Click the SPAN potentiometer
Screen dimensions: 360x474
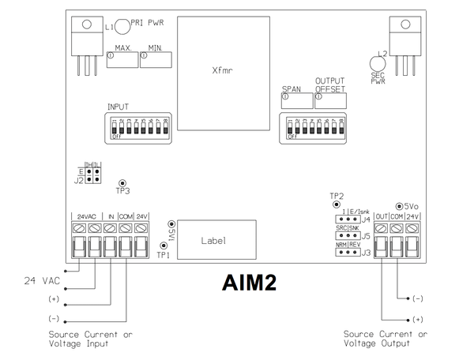295,100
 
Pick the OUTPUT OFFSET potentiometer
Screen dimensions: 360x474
330,100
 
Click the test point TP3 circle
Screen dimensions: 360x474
122,182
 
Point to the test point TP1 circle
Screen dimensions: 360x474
163,246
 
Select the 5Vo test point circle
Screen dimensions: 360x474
400,203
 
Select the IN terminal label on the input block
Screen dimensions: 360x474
111,216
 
